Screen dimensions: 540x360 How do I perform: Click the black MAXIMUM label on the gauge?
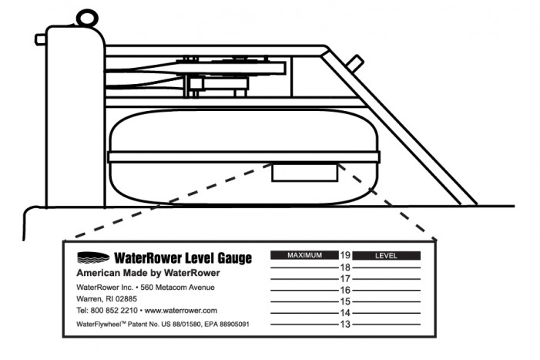(304, 255)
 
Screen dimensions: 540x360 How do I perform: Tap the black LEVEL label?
(387, 256)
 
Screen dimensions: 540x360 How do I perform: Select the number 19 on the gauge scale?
(345, 255)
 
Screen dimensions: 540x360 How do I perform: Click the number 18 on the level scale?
(345, 267)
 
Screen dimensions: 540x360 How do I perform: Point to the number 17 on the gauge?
(345, 279)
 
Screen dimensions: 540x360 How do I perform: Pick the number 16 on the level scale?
(345, 290)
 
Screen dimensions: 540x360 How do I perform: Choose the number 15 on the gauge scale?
(345, 301)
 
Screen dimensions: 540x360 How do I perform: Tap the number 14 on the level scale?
(345, 313)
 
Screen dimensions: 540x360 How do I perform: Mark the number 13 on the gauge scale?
(345, 325)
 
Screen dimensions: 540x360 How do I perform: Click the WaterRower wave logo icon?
(93, 257)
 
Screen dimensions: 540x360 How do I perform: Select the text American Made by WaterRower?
(148, 273)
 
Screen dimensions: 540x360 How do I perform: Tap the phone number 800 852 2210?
(114, 311)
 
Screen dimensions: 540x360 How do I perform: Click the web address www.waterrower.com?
(181, 311)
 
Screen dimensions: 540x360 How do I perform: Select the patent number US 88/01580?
(181, 325)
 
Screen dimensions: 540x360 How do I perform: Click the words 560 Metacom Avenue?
(177, 288)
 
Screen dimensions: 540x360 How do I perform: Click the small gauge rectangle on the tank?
(305, 172)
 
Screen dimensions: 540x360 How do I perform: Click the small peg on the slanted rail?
(354, 63)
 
